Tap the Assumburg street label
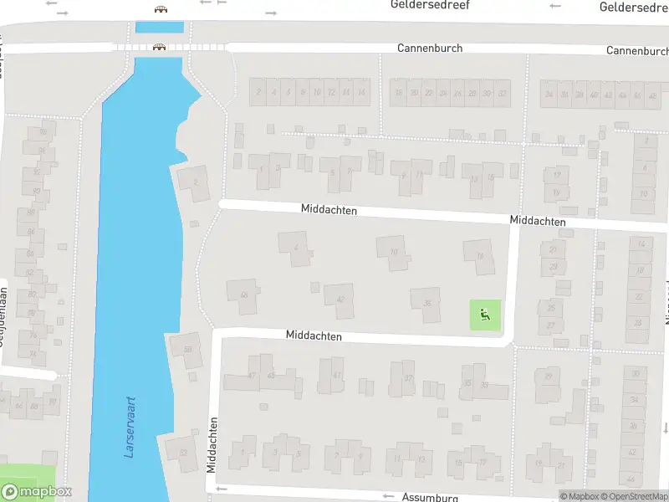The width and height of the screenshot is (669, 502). point(431,497)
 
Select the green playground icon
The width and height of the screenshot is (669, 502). point(484,315)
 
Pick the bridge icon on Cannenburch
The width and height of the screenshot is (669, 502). point(157,48)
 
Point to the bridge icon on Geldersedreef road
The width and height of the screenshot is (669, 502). point(160,9)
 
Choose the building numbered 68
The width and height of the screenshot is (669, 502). point(243,295)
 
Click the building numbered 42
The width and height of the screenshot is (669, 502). point(340,300)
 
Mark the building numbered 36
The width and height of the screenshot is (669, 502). point(427,304)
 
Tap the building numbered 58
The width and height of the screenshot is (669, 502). point(186,349)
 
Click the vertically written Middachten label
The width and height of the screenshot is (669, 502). point(212,445)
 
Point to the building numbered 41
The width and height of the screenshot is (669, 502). point(336,376)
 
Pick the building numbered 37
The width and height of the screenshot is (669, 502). point(407,378)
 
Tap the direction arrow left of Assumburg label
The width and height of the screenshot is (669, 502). point(387,497)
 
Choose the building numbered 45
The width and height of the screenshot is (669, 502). point(270,375)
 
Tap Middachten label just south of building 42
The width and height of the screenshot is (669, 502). point(314,336)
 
